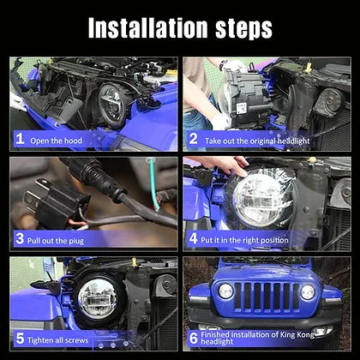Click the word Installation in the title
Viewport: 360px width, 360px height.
pos(147,28)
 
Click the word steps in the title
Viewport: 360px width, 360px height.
pos(243,30)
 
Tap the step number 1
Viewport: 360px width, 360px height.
pos(20,139)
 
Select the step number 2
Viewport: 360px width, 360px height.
pos(194,139)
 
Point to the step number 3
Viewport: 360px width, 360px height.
pos(20,238)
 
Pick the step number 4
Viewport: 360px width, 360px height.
pos(194,238)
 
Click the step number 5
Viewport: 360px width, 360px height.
pos(20,339)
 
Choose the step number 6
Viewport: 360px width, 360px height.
pos(194,339)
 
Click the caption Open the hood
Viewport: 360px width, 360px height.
pos(56,141)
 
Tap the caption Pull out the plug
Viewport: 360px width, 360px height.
pos(56,241)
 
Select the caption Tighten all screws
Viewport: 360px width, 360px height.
pos(58,340)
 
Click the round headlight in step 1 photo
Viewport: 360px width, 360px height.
pos(111,105)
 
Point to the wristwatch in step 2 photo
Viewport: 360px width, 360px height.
pos(223,64)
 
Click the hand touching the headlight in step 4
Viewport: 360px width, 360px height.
pos(223,164)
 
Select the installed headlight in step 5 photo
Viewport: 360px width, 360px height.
pos(97,298)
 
